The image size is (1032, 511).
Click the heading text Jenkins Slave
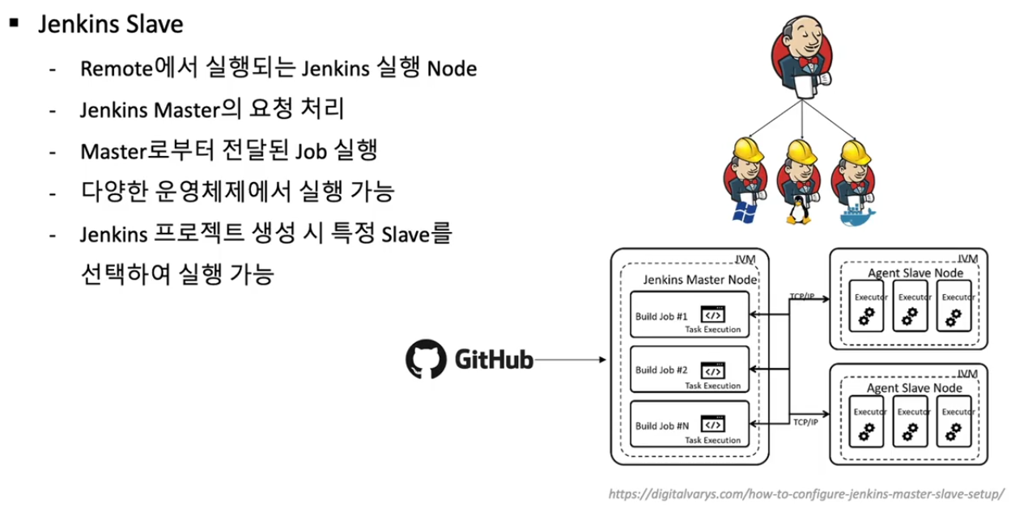pos(110,24)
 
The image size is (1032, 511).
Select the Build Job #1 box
pos(690,315)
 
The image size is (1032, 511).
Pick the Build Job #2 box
pos(690,370)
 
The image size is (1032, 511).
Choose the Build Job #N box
pos(690,424)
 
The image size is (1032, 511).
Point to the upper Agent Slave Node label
pos(915,273)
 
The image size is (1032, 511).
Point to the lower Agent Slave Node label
pos(915,388)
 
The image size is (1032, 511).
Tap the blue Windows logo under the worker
pos(742,213)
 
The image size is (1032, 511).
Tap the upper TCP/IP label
pos(802,296)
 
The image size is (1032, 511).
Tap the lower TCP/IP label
pos(804,421)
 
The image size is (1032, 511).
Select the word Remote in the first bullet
pos(117,69)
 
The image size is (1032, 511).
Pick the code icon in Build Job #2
pos(713,370)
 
